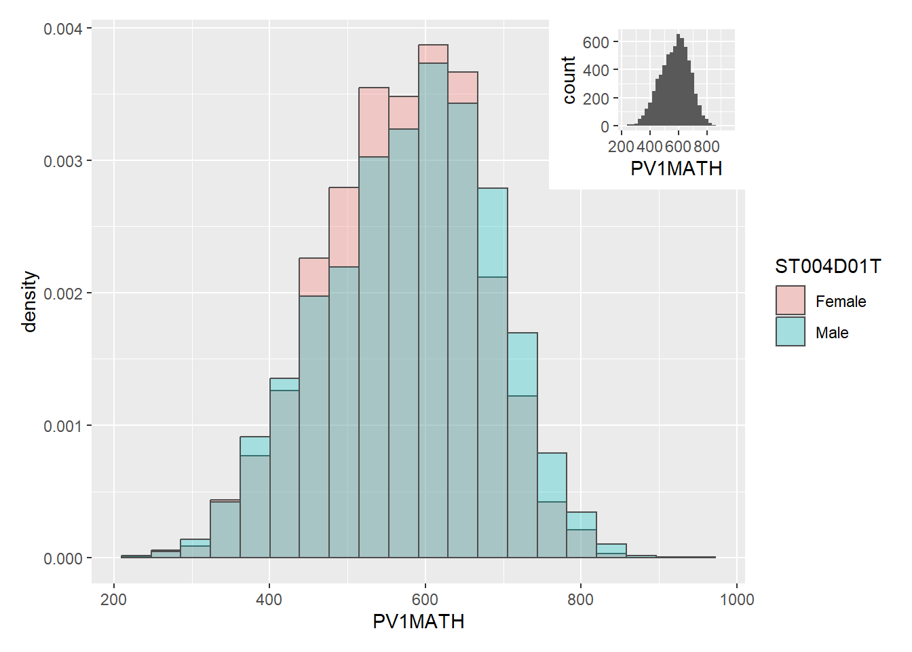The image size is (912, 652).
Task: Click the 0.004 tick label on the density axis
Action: (62, 29)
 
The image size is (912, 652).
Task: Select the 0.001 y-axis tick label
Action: (62, 427)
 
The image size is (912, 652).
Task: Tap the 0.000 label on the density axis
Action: (62, 559)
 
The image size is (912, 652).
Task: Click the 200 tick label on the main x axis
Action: (113, 600)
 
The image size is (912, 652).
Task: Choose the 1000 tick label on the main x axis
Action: (737, 600)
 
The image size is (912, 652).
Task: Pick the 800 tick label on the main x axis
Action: (580, 600)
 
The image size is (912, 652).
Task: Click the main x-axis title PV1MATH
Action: (418, 621)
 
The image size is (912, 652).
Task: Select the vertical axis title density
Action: (29, 302)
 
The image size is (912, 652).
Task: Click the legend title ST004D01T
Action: (828, 266)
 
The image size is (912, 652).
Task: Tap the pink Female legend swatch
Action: (791, 300)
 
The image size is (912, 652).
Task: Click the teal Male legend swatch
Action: (791, 331)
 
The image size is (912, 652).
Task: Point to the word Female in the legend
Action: (841, 302)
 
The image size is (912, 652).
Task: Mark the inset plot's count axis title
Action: (569, 80)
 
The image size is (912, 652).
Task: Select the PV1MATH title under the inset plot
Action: (676, 168)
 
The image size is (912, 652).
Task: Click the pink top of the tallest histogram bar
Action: (433, 54)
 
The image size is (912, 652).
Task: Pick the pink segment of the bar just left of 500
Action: (344, 227)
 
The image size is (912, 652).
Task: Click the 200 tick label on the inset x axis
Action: (621, 147)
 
